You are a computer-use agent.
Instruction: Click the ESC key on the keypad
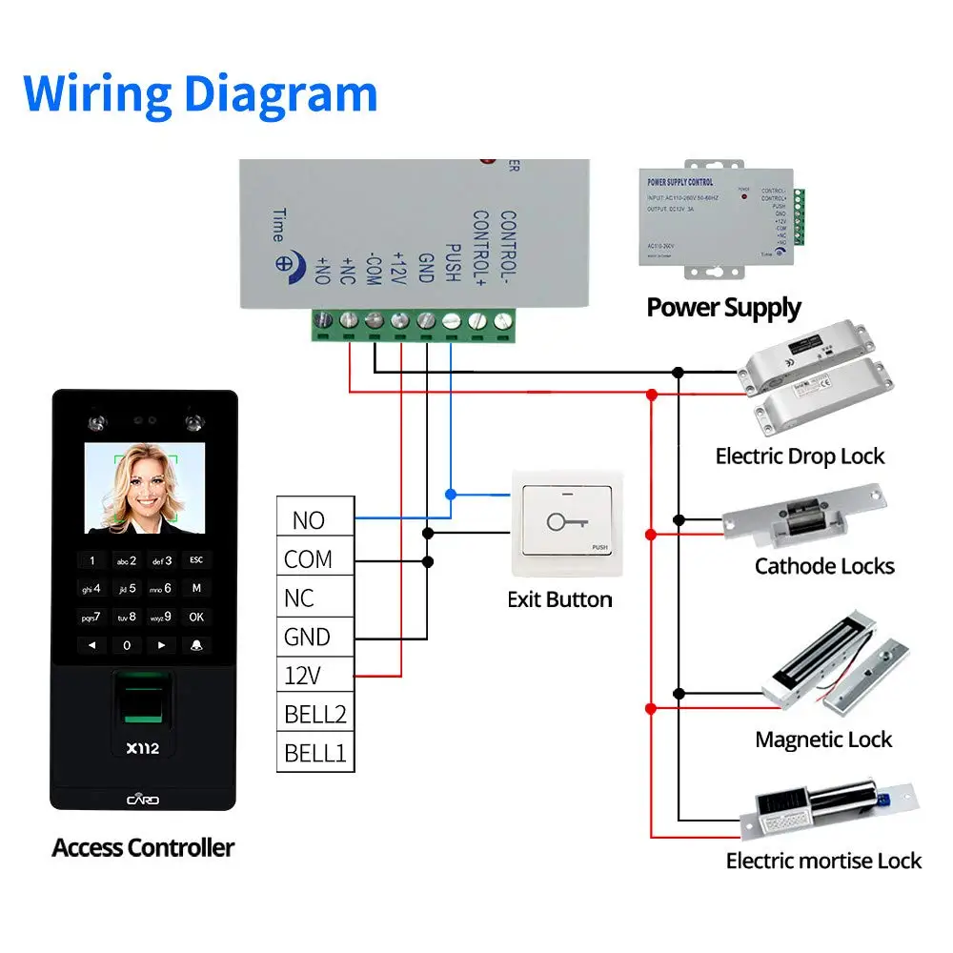point(196,560)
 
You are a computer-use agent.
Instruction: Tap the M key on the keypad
point(196,589)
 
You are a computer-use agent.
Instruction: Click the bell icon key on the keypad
point(196,645)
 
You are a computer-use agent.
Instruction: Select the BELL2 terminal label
point(315,715)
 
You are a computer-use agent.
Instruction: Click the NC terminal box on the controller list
point(315,598)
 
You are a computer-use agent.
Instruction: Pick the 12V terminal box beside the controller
point(315,677)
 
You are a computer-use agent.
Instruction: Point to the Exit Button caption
point(559,599)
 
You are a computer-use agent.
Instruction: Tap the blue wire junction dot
point(451,494)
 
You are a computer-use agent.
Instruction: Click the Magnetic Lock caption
point(823,740)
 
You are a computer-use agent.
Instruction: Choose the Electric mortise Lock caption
point(823,862)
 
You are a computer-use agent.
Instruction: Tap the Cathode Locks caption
point(824,566)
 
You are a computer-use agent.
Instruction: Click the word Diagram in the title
point(281,93)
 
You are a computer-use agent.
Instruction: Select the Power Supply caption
point(723,308)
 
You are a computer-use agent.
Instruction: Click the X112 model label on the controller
point(143,748)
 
